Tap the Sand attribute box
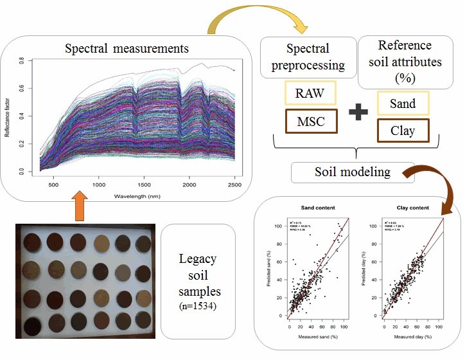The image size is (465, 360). (x=401, y=104)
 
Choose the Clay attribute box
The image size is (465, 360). (x=401, y=131)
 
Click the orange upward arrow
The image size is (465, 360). (x=78, y=204)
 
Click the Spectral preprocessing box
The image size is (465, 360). (x=309, y=57)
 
